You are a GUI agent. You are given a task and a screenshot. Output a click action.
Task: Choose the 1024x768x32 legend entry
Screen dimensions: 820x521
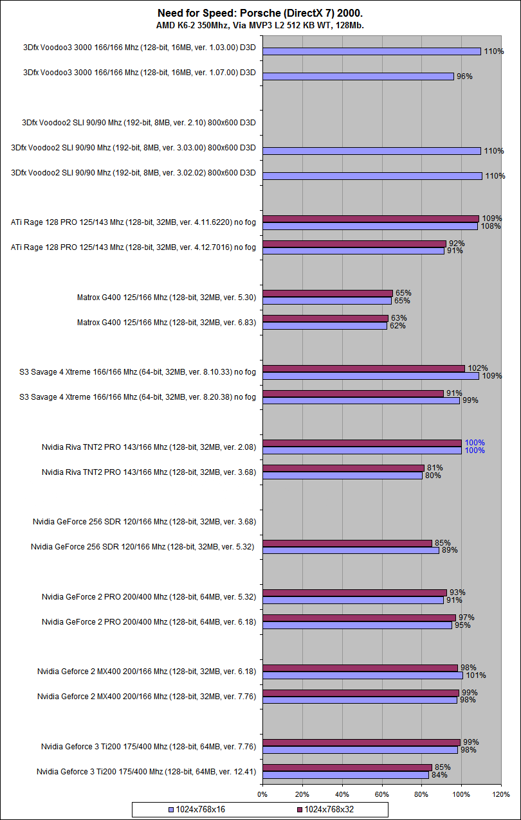[329, 809]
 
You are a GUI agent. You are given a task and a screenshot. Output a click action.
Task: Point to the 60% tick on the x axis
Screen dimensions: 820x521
[382, 794]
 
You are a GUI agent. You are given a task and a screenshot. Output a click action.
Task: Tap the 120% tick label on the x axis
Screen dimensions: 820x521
[501, 794]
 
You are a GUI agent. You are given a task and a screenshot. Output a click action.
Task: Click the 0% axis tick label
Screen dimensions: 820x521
[262, 794]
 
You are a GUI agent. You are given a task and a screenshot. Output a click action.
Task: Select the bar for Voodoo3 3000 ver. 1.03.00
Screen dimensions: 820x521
[372, 51]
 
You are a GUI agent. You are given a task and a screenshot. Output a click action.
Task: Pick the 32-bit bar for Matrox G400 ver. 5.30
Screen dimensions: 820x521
[327, 293]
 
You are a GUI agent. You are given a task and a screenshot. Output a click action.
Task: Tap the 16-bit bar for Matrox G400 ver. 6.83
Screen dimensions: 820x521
[325, 326]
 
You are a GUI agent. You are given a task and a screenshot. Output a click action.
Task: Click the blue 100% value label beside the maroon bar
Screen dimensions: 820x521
[475, 443]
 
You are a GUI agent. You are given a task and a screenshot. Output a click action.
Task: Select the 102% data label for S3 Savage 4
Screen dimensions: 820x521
[477, 368]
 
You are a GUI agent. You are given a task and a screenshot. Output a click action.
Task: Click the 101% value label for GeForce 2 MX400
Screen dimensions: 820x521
[476, 675]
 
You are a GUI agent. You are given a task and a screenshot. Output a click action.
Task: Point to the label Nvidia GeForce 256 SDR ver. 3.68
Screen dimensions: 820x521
[145, 522]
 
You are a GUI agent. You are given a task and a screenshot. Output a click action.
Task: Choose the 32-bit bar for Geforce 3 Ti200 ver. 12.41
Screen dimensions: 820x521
[347, 767]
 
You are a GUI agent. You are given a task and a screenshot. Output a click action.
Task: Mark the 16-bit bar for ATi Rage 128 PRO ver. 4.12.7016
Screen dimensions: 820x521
[353, 251]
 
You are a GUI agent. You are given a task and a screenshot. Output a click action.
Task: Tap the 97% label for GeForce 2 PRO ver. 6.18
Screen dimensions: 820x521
[466, 618]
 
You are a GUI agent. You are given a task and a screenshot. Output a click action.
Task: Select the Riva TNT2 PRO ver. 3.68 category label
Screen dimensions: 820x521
[149, 472]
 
